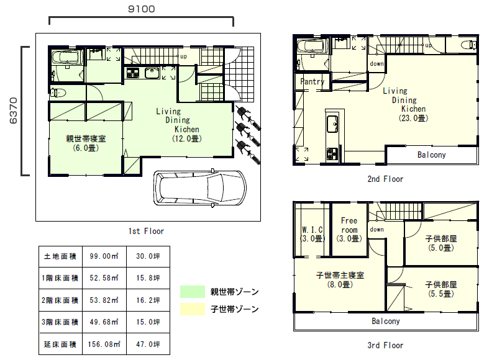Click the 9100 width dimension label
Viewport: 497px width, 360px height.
pyautogui.click(x=142, y=9)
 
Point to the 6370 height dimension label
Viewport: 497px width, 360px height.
pyautogui.click(x=13, y=110)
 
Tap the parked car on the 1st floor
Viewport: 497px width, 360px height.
pyautogui.click(x=200, y=189)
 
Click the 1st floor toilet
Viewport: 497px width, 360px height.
pyautogui.click(x=58, y=92)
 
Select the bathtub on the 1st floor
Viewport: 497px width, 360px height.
pyautogui.click(x=66, y=58)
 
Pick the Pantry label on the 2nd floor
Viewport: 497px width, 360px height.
pyautogui.click(x=312, y=82)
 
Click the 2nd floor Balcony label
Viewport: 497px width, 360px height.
pyautogui.click(x=431, y=155)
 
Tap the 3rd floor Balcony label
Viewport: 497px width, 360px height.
pyautogui.click(x=385, y=322)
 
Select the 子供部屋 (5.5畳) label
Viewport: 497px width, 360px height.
pyautogui.click(x=441, y=289)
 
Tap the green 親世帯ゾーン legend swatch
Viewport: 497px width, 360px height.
pyautogui.click(x=193, y=292)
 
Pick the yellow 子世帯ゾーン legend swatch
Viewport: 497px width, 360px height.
pyautogui.click(x=193, y=309)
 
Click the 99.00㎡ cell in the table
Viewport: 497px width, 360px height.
pyautogui.click(x=104, y=256)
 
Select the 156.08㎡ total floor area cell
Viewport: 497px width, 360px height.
pyautogui.click(x=104, y=344)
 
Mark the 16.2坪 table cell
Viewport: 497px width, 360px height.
pyautogui.click(x=148, y=300)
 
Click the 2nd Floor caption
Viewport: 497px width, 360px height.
pyautogui.click(x=385, y=179)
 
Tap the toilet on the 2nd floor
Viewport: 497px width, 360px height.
pyautogui.click(x=469, y=45)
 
